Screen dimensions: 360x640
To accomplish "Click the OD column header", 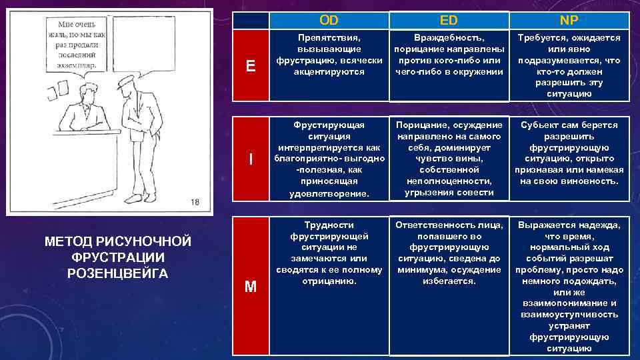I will click(x=329, y=21).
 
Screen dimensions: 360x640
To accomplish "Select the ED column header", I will click(x=449, y=21).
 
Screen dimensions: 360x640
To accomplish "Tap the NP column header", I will click(x=569, y=21).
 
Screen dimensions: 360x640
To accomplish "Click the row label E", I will click(x=250, y=65).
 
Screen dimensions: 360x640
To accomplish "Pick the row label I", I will click(x=250, y=159).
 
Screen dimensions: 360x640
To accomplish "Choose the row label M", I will click(x=250, y=287).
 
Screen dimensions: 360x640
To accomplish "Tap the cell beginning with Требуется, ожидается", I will click(x=569, y=65).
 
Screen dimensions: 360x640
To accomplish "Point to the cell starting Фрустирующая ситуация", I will click(x=329, y=159).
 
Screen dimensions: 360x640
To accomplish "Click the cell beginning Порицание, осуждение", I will click(x=449, y=159).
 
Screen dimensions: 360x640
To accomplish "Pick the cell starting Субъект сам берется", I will click(x=569, y=153).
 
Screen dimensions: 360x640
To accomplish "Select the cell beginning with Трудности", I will click(x=329, y=253).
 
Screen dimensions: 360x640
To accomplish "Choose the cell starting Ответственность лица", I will click(x=449, y=253).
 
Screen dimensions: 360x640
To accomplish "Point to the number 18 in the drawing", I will click(x=195, y=202).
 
